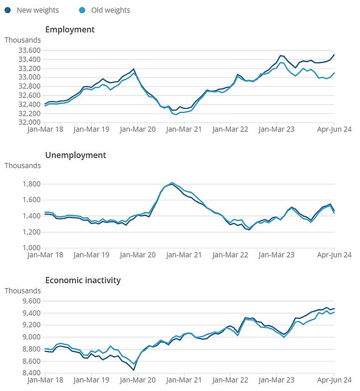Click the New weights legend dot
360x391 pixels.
pos(7,10)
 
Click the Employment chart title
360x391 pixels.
pos(70,30)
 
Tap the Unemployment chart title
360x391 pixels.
pos(76,155)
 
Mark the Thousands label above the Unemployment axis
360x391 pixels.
pos(23,166)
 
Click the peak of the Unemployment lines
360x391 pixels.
pos(172,183)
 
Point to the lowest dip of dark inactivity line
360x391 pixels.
pos(134,370)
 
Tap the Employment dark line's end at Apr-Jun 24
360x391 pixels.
pos(334,54)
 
